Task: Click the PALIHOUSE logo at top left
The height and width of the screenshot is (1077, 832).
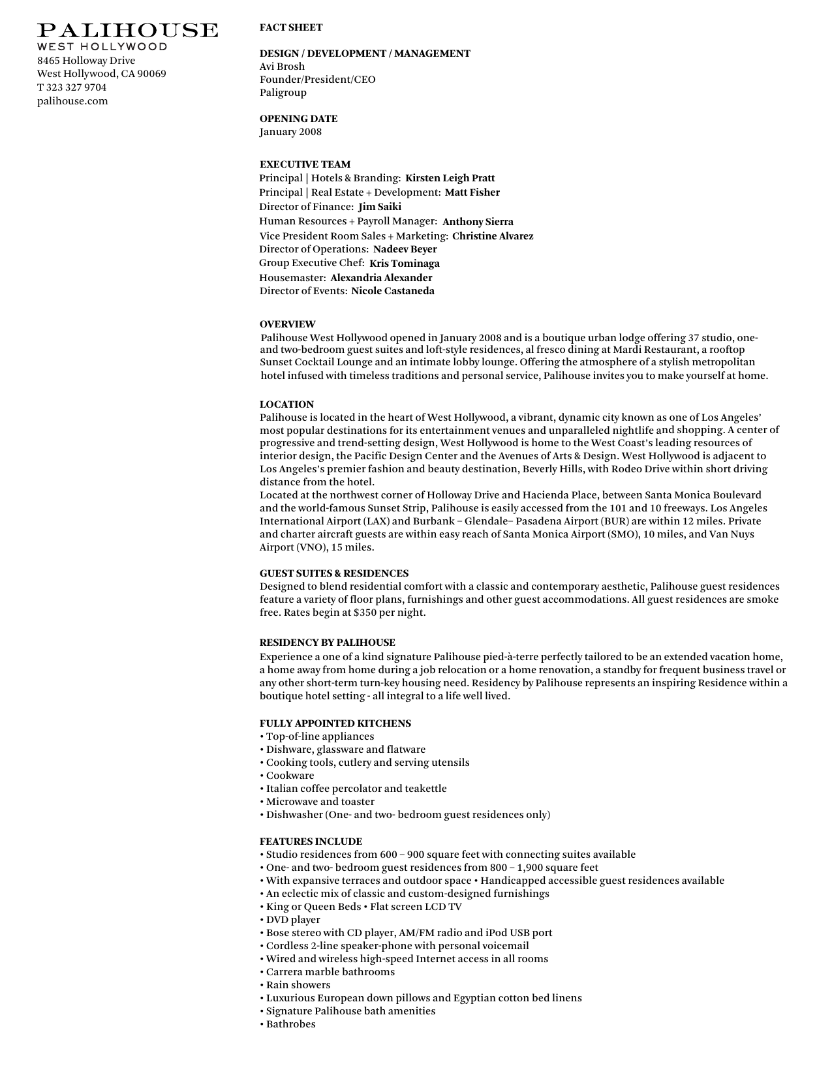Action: coord(127,31)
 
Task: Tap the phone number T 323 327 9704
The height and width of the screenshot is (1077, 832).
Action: coord(72,87)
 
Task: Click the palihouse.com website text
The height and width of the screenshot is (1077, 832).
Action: coord(72,101)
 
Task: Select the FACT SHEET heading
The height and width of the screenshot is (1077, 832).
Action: coord(291,27)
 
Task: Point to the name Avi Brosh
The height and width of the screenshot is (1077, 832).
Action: coord(282,67)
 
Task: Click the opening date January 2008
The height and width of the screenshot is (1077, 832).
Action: coord(290,132)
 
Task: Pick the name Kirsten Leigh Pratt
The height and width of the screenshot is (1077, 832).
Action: coord(450,178)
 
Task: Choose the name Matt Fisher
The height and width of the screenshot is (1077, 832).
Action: coord(472,192)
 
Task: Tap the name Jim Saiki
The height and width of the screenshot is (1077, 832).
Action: coord(380,207)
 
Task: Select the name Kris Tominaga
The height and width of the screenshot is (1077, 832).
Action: coord(404,264)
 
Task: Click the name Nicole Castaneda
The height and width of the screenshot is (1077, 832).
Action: coord(392,291)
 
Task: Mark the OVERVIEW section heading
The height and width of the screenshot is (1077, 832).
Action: coord(287,324)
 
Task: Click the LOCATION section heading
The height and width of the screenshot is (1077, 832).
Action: coord(286,404)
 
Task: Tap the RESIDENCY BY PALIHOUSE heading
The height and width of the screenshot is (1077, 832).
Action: coord(327,643)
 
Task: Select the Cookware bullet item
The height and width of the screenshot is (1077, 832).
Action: coord(290,776)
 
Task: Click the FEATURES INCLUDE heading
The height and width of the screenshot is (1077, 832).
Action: coord(311,842)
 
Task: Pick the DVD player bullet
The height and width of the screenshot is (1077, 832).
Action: coord(293,920)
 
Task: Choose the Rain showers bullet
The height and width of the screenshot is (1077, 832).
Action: coord(298,985)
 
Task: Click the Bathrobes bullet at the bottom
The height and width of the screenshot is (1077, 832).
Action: coord(290,1024)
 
